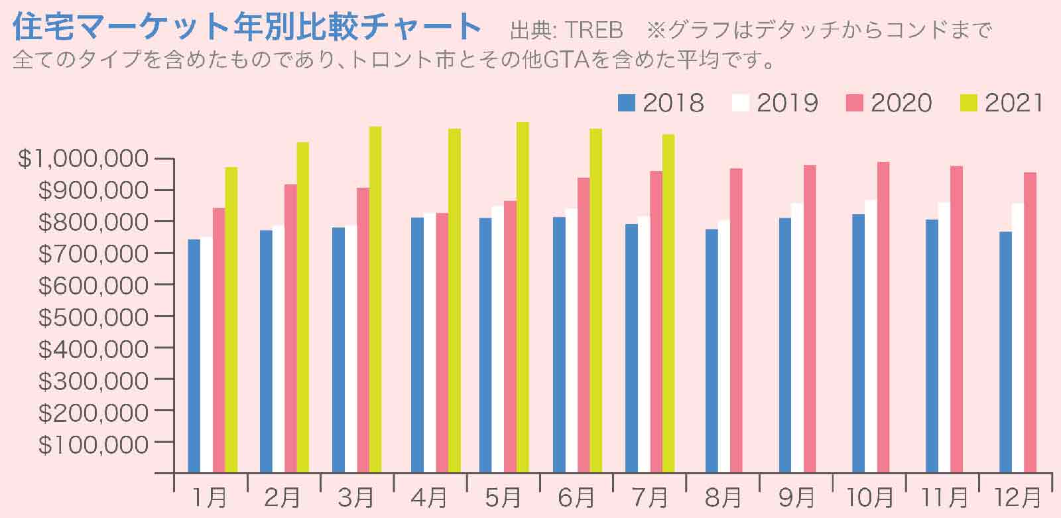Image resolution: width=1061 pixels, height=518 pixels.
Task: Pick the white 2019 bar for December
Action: (1018, 338)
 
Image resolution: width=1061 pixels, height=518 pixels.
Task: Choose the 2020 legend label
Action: (901, 103)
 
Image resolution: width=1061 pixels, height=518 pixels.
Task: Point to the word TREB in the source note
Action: (595, 31)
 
